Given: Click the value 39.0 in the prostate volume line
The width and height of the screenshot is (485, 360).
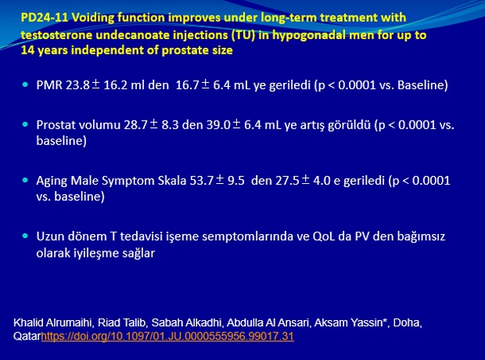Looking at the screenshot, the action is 219,124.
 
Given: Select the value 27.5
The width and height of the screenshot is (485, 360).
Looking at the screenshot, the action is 287,181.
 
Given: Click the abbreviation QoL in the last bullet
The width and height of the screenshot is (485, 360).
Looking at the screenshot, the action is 324,236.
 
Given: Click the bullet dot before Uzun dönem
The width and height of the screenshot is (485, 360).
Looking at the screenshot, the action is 25,236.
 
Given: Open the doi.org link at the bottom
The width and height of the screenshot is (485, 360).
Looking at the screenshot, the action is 167,337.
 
